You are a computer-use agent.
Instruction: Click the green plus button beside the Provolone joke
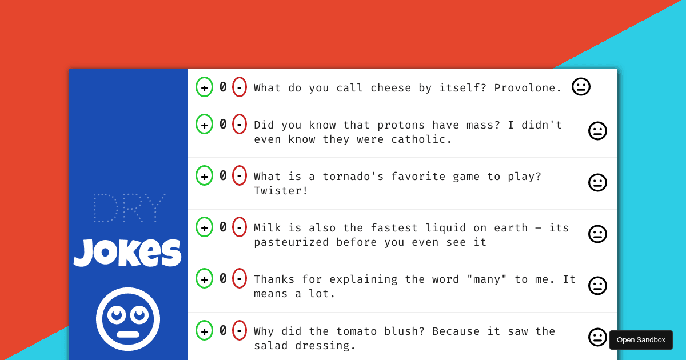204,87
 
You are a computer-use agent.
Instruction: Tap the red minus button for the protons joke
240,124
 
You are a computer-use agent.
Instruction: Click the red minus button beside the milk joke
240,227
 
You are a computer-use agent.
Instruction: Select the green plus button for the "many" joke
204,278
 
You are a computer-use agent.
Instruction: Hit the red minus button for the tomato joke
240,330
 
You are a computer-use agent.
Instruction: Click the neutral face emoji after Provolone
581,86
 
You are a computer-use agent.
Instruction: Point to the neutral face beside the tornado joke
597,182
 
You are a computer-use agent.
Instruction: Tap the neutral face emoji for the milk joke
597,234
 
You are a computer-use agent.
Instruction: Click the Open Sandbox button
641,340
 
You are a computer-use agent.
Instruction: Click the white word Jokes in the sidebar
128,253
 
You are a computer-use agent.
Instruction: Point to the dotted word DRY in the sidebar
129,208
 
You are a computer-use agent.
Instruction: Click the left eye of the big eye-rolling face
117,314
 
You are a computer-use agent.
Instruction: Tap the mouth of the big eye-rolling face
128,334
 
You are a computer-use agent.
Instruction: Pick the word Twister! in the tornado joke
281,191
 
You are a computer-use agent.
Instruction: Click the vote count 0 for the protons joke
223,124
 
